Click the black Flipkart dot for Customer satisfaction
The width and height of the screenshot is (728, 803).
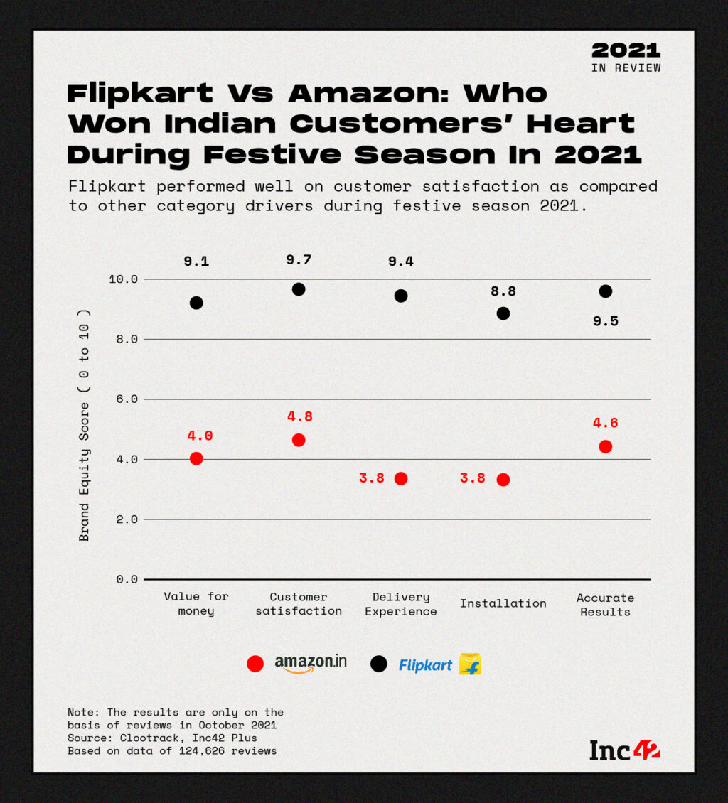tap(299, 289)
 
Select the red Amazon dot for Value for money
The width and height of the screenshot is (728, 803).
tap(196, 458)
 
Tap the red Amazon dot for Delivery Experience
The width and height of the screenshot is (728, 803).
tap(401, 478)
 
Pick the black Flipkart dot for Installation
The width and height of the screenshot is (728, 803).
tap(503, 313)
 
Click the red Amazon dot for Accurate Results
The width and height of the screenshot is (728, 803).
tap(606, 446)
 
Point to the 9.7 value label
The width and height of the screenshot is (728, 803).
tap(299, 260)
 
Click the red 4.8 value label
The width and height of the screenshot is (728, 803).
tap(299, 416)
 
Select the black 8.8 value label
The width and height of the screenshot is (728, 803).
tap(503, 291)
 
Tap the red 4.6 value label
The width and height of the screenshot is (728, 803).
tap(605, 423)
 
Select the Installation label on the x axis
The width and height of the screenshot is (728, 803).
tap(503, 603)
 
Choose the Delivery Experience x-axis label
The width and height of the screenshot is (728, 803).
tap(401, 604)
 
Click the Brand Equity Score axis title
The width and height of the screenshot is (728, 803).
tap(85, 426)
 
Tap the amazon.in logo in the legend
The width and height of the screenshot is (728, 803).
tap(311, 664)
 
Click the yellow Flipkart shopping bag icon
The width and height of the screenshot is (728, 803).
tap(470, 664)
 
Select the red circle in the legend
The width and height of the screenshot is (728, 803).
tap(255, 664)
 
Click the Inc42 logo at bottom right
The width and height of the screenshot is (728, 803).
tap(624, 750)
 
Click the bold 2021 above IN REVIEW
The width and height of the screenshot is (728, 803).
tap(626, 50)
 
